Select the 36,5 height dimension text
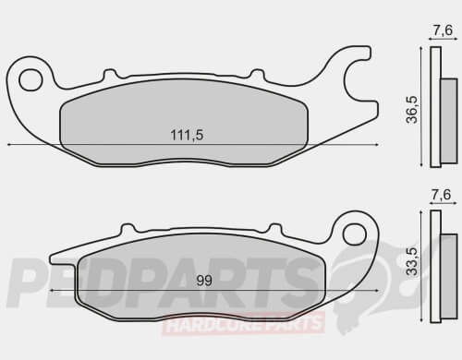(x=413, y=107)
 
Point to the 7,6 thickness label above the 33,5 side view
(x=443, y=196)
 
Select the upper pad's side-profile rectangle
(x=438, y=107)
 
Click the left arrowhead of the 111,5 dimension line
(x=9, y=145)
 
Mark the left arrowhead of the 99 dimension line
(x=52, y=289)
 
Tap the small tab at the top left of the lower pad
(x=125, y=228)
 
